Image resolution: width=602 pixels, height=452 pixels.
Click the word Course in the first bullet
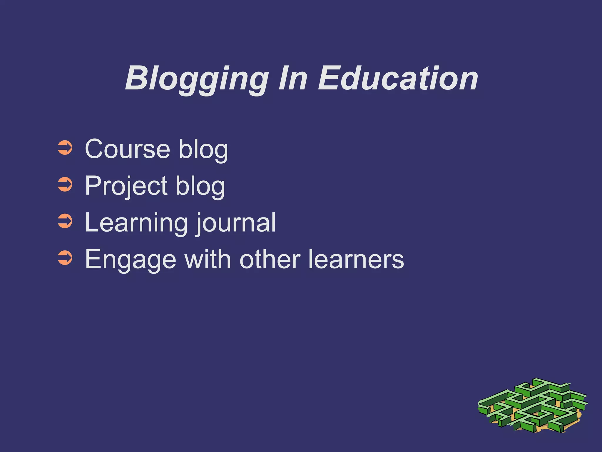128,149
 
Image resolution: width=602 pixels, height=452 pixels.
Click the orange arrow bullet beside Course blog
65,148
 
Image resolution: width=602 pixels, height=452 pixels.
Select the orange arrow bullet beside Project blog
65,185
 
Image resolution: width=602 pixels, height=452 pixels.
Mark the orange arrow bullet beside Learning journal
65,222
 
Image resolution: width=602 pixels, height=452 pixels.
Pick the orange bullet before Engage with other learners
65,258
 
